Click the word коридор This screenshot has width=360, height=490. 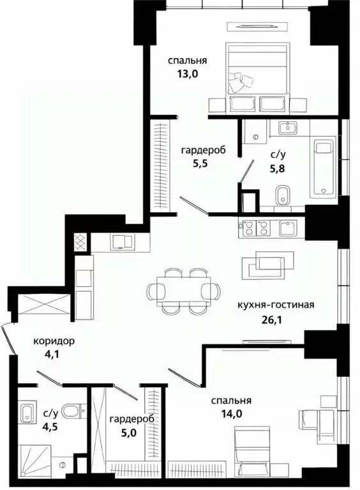click(x=54, y=341)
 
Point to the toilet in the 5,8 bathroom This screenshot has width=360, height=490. click(x=283, y=195)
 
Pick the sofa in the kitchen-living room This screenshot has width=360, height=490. click(x=268, y=262)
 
